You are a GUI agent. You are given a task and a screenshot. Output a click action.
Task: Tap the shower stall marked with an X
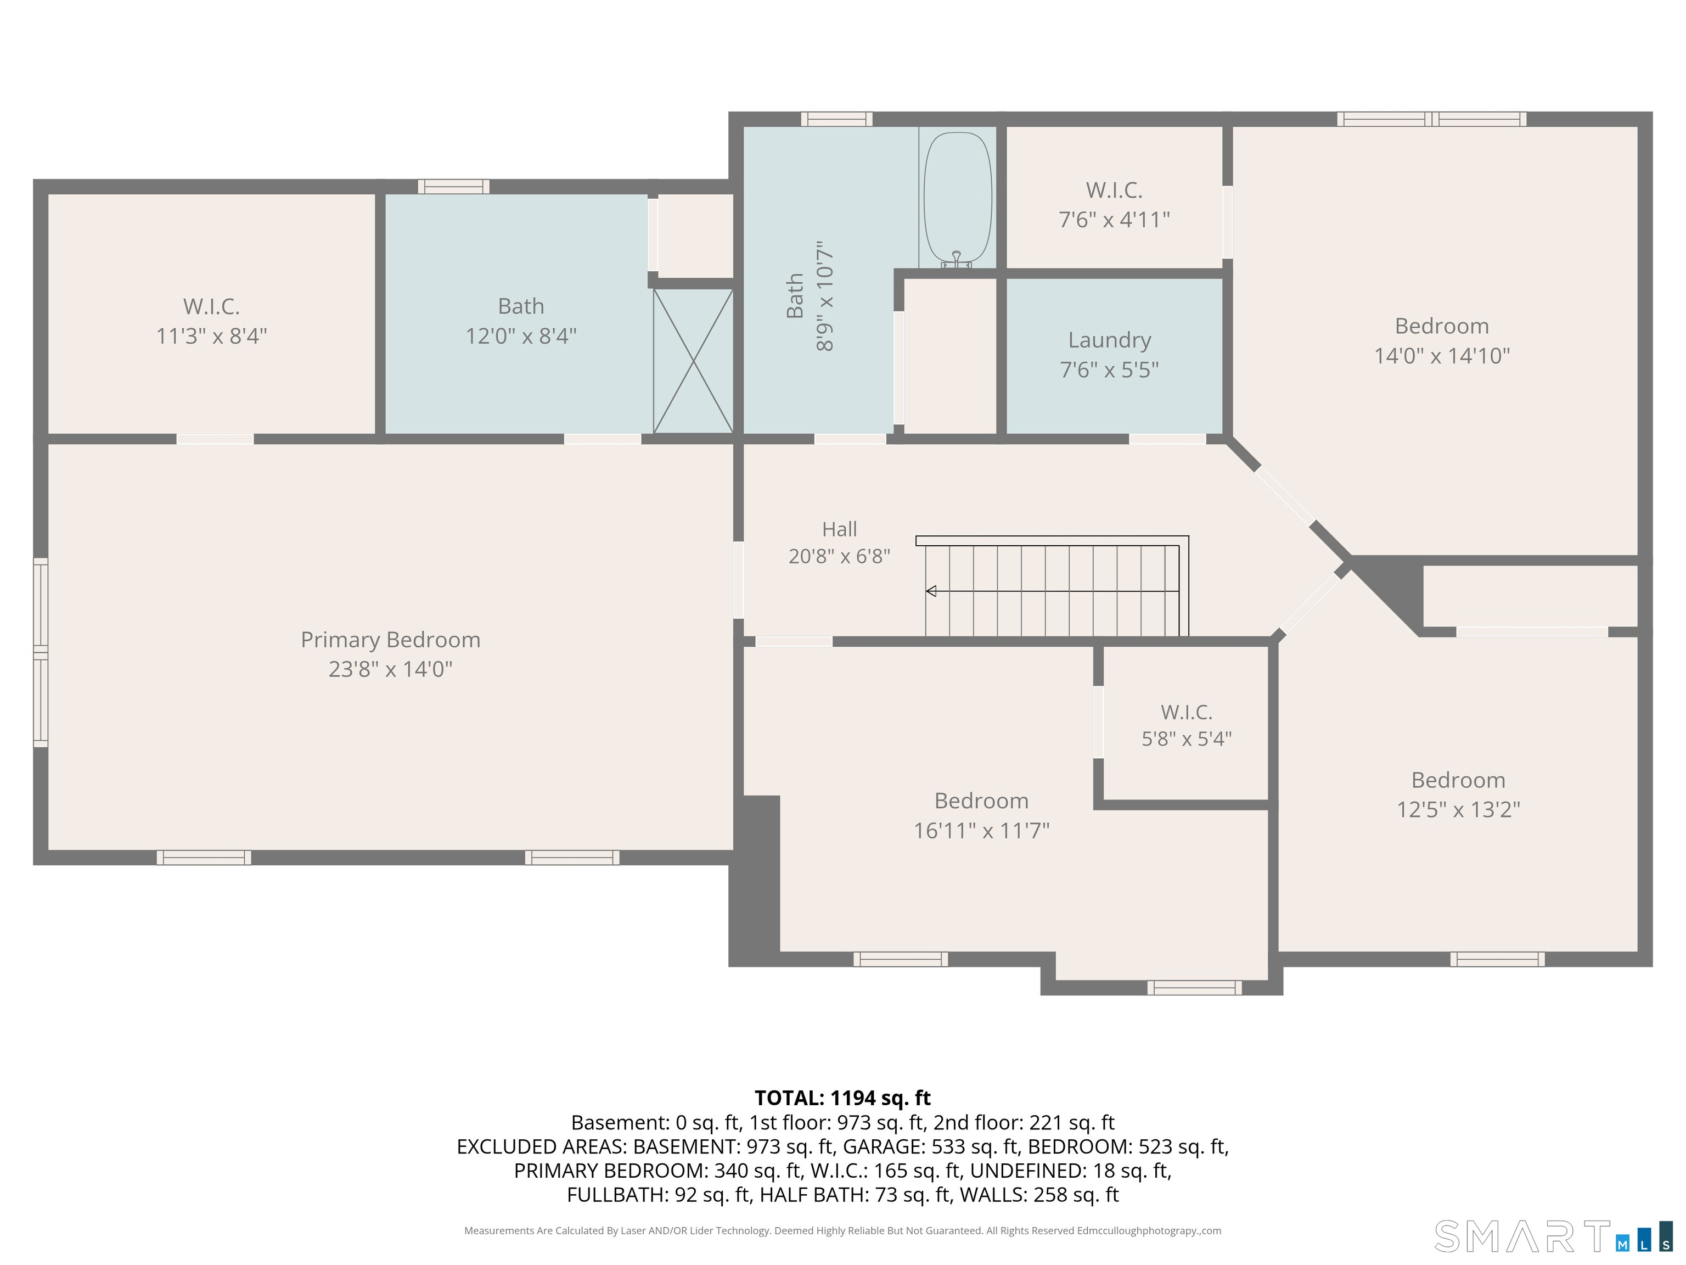(x=693, y=361)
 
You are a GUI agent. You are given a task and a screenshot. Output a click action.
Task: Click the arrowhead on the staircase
(x=931, y=591)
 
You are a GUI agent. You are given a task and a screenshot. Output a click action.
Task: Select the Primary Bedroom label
(x=390, y=640)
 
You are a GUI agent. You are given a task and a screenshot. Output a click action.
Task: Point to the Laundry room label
(x=1109, y=340)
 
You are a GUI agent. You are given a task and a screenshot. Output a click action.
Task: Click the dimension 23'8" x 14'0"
(x=390, y=669)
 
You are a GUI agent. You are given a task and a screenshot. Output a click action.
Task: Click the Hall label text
(x=839, y=529)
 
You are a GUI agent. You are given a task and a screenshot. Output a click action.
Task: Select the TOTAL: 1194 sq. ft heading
(x=842, y=1098)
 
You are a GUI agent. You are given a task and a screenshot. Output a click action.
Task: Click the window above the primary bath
(x=453, y=187)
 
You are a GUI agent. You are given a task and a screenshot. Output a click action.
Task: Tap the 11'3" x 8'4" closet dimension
(x=211, y=336)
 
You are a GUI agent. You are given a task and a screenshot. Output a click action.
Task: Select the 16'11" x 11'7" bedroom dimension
(x=982, y=830)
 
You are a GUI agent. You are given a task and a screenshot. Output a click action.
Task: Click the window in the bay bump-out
(x=1194, y=988)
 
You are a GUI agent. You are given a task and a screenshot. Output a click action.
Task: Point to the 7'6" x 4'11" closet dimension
(x=1114, y=220)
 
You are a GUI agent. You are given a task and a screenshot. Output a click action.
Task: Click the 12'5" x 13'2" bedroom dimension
(x=1458, y=810)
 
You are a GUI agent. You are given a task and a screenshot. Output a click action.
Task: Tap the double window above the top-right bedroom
(x=1431, y=119)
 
